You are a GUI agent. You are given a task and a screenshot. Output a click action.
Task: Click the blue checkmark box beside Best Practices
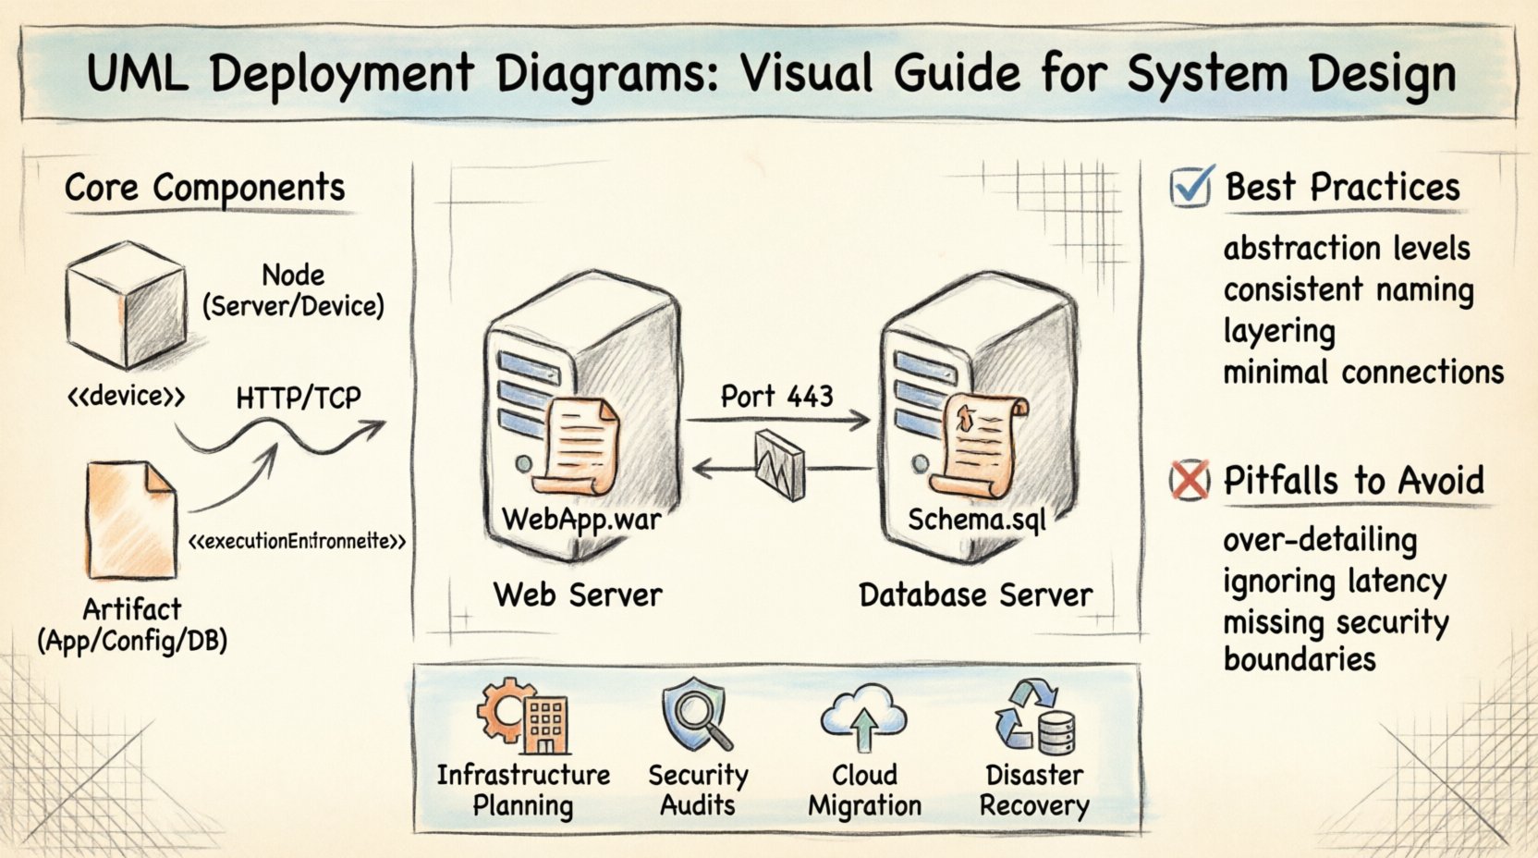point(1189,188)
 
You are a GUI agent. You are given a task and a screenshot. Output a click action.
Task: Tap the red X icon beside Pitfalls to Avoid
point(1189,480)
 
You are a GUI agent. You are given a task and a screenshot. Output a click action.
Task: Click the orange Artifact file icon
point(131,521)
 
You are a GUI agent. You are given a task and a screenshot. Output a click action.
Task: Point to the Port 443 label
point(776,397)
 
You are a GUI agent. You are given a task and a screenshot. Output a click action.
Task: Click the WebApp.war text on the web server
point(580,519)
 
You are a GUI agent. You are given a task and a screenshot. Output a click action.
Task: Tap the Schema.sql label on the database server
point(976,520)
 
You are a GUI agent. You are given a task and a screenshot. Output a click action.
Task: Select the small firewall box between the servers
point(779,465)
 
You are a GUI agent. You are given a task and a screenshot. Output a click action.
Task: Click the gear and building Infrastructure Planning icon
point(522,716)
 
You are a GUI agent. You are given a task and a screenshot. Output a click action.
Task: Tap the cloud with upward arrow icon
point(863,716)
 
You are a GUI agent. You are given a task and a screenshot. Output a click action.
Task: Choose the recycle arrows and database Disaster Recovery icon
point(1034,717)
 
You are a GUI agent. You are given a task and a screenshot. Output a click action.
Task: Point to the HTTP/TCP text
point(298,398)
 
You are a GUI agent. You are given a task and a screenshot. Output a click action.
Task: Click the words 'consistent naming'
point(1348,289)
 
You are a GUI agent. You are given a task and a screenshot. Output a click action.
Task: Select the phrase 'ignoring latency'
point(1334,582)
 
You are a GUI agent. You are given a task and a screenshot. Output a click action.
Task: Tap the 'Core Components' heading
point(204,188)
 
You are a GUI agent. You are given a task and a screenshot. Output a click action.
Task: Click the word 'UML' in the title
point(138,74)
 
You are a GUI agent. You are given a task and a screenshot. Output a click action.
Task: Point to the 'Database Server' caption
point(975,594)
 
